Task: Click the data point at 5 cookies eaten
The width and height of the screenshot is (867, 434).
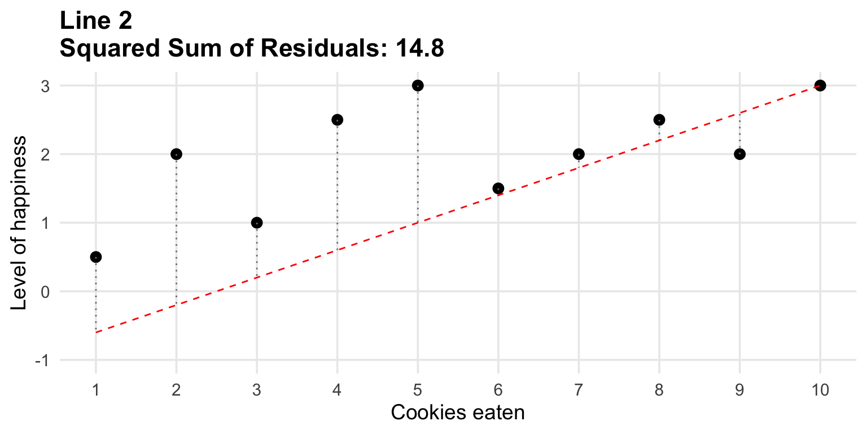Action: click(418, 85)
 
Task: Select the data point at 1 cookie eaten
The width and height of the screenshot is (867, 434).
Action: click(96, 257)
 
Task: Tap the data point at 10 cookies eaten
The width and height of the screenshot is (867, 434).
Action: click(820, 85)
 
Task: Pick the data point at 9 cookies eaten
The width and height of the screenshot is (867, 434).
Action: click(740, 154)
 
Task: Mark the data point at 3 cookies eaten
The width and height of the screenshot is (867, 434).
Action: click(257, 223)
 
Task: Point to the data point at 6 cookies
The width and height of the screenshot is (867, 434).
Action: click(498, 188)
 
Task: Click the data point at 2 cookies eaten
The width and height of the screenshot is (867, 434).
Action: click(176, 154)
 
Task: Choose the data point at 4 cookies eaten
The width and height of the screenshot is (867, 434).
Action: click(337, 120)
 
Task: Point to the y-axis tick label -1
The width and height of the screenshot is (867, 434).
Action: click(42, 361)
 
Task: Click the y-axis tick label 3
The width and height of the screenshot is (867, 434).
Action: click(45, 86)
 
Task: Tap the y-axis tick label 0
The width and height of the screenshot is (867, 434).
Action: click(45, 292)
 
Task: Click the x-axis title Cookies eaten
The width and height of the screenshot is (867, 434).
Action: click(458, 413)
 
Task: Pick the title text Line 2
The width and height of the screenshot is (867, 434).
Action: click(95, 21)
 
